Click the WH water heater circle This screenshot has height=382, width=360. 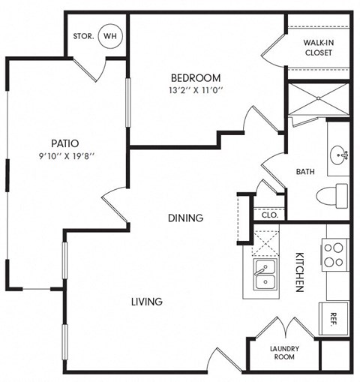109,35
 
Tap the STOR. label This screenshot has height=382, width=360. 82,36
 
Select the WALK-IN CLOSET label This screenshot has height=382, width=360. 319,47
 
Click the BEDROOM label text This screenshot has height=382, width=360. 195,78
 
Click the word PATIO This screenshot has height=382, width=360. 65,143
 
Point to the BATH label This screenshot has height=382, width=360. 305,172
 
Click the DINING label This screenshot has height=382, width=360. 184,218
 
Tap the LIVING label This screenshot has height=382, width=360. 147,302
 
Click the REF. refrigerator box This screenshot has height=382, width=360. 334,317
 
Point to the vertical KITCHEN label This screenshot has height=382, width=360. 298,272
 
